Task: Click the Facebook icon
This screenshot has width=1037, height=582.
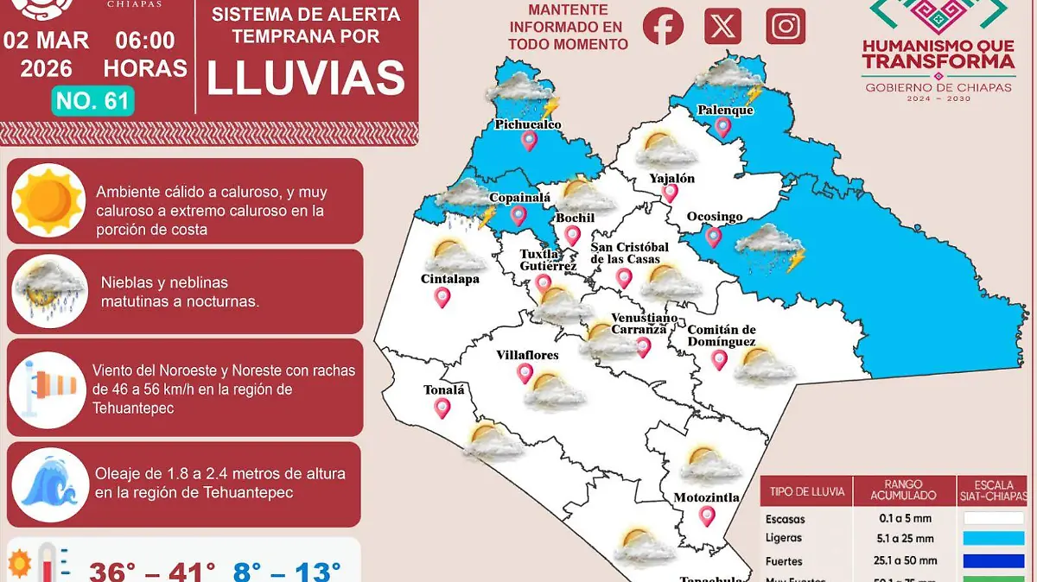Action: tap(663, 26)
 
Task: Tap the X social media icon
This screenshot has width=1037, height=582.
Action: tap(722, 26)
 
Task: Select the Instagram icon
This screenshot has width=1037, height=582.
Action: tap(786, 26)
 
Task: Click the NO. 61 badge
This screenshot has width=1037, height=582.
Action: tap(92, 101)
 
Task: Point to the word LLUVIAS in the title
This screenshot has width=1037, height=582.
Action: tap(306, 78)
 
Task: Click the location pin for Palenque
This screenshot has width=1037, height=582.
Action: tap(723, 128)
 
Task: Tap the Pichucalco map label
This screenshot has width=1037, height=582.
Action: tap(528, 124)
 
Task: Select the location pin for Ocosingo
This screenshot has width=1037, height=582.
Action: tap(713, 236)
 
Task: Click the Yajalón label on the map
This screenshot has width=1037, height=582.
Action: tap(671, 179)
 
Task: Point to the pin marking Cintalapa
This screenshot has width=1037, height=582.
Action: tap(442, 298)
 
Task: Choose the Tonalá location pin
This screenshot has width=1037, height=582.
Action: tap(442, 408)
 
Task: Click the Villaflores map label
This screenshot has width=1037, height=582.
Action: tap(527, 355)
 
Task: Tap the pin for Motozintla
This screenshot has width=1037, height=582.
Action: tap(708, 516)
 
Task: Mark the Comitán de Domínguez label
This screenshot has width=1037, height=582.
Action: tap(722, 336)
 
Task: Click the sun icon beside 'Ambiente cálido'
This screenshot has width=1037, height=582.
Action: tap(48, 199)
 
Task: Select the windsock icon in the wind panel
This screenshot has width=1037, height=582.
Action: tap(48, 389)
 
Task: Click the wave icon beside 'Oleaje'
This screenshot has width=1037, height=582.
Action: tap(48, 484)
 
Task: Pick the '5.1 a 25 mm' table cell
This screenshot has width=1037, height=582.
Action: tap(904, 539)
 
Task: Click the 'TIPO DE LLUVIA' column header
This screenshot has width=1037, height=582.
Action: tap(806, 491)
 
